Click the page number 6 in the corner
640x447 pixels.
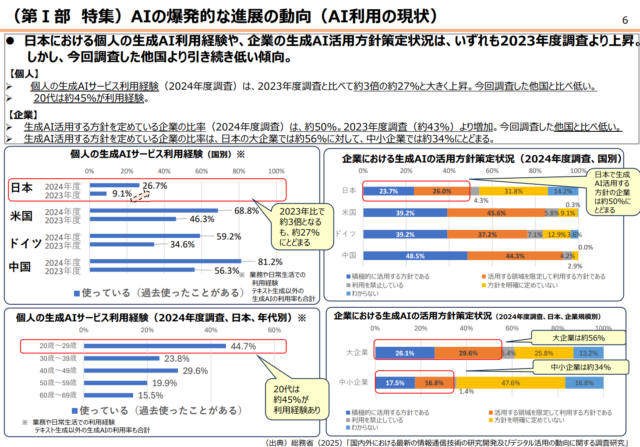tap(625, 20)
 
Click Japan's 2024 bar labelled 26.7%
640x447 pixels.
tap(114, 185)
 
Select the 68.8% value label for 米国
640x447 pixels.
tap(246, 211)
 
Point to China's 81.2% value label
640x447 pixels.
tap(270, 262)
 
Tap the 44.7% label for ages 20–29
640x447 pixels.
tap(243, 346)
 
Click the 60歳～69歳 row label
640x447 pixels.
tap(58, 395)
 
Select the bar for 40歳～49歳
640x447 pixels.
tap(131, 371)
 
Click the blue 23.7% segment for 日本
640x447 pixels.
tap(389, 191)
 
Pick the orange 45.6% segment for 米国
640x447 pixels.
tap(496, 213)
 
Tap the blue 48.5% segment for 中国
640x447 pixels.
tap(415, 256)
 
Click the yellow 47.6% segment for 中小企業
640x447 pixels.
tap(510, 383)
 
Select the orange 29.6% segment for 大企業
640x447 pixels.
tap(468, 353)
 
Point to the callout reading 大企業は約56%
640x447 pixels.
tap(578, 338)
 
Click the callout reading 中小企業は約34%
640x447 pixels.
tap(580, 367)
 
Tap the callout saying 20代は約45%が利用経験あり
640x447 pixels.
tap(297, 400)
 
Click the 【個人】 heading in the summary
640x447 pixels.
tap(25, 74)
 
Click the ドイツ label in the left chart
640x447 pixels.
tap(25, 243)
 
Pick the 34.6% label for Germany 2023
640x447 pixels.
tap(182, 244)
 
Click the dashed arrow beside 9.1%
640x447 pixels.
tap(140, 196)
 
